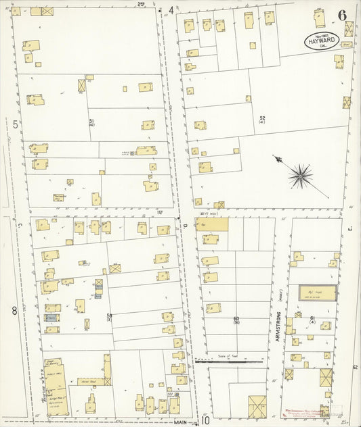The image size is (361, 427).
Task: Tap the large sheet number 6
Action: [343, 14]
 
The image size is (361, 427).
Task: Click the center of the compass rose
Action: [299, 176]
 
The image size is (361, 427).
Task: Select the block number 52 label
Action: [261, 119]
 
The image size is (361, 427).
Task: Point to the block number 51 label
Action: [91, 121]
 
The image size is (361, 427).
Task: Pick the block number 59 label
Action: [109, 315]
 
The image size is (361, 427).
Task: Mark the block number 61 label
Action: [312, 318]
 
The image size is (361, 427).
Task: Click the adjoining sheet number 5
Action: [15, 124]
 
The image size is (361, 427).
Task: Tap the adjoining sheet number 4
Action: [171, 10]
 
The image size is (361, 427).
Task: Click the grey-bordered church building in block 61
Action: [318, 293]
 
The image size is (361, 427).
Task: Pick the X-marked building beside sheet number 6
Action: [349, 28]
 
